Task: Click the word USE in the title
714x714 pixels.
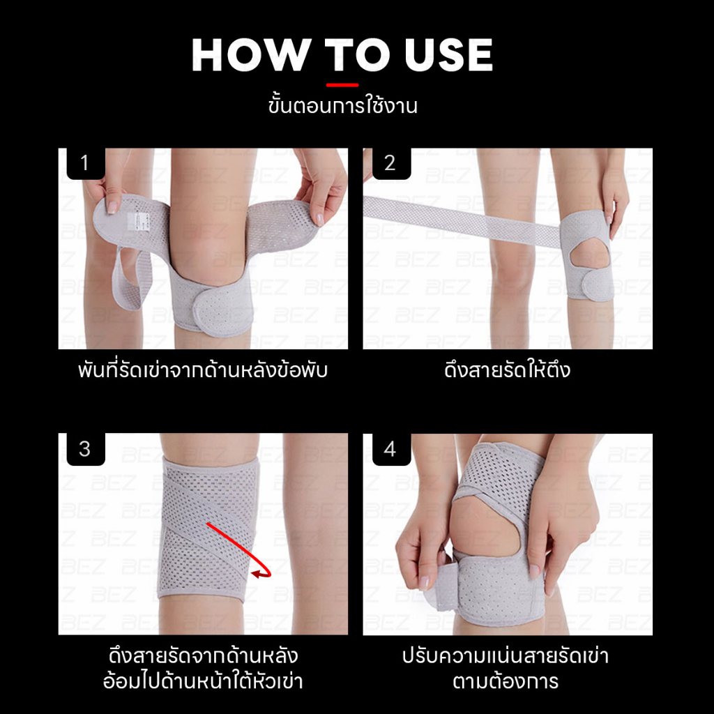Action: click(x=448, y=55)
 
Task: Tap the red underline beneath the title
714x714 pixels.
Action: click(x=342, y=84)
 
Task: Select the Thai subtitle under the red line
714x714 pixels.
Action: click(x=342, y=106)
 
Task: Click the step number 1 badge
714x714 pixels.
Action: click(x=86, y=163)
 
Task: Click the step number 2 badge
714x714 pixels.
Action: click(x=390, y=163)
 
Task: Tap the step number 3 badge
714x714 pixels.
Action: click(x=86, y=449)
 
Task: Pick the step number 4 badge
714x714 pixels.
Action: click(x=390, y=449)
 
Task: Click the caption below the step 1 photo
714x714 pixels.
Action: click(x=203, y=370)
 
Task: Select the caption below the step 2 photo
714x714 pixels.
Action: click(x=508, y=370)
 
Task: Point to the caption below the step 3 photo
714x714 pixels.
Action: click(x=203, y=669)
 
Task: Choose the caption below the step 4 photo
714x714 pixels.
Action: click(x=506, y=669)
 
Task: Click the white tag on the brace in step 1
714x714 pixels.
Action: click(x=133, y=221)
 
